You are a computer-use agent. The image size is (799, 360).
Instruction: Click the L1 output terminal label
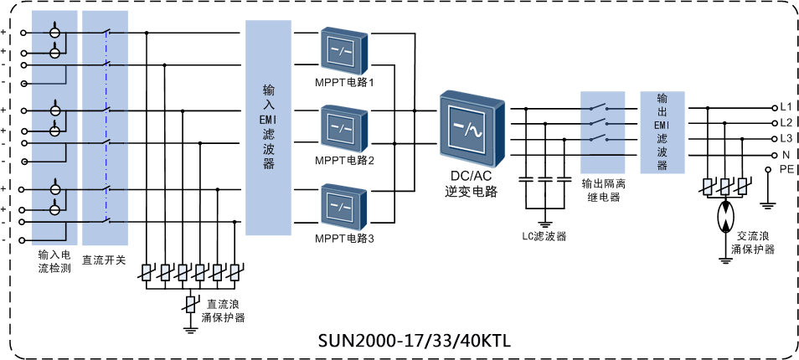coord(786,108)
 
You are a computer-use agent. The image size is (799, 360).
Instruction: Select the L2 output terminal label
coord(786,123)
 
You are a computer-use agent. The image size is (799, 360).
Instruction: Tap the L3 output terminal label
coord(786,138)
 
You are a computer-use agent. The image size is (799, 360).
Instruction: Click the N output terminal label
coord(786,155)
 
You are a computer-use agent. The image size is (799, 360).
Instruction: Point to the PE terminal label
coord(786,169)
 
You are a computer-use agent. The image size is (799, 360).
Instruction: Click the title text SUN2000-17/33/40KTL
coord(415,342)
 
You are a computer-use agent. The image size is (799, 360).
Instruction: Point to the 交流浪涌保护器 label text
coord(752,243)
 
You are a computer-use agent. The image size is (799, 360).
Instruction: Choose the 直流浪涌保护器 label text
coord(223,311)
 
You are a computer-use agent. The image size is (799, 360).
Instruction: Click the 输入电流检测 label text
coord(55,260)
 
